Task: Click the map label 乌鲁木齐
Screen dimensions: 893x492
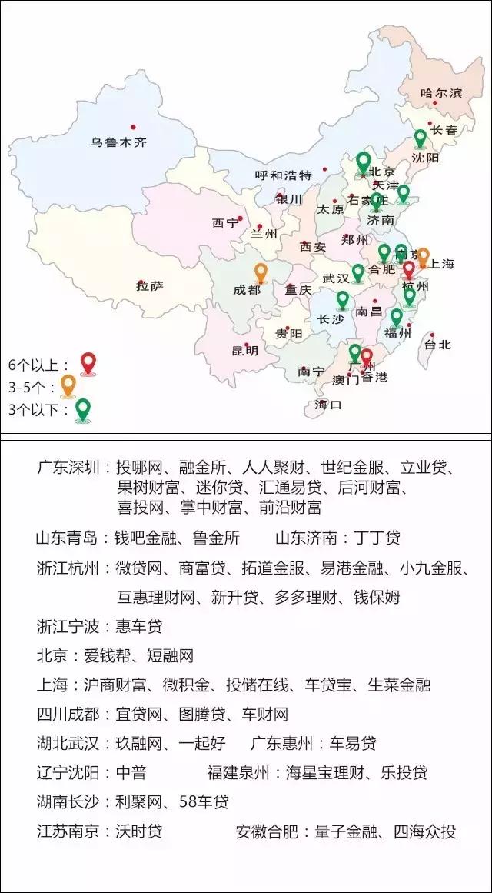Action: click(118, 142)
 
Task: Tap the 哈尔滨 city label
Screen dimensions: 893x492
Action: click(441, 93)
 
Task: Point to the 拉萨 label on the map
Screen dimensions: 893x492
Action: click(150, 286)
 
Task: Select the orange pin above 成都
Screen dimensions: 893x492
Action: click(261, 272)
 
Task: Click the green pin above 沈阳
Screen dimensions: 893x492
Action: click(420, 138)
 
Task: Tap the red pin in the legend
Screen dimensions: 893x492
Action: click(88, 363)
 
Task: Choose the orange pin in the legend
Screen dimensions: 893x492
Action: click(68, 385)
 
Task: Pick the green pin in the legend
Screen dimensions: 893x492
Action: click(82, 409)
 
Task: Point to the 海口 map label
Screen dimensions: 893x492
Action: click(327, 405)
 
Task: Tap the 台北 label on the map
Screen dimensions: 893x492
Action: click(437, 345)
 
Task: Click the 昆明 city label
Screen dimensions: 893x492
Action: click(244, 351)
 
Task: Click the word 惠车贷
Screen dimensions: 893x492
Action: click(139, 627)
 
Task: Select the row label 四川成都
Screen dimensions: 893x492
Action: click(68, 715)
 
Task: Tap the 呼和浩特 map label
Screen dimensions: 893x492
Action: click(283, 175)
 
